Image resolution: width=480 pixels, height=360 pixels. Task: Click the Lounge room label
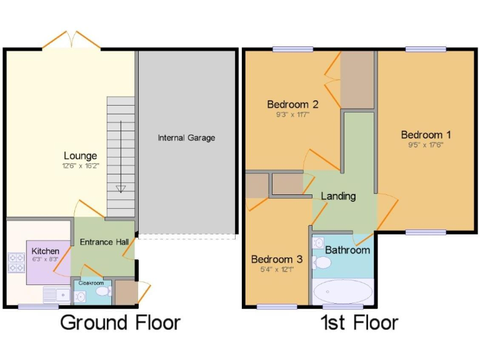point(80,156)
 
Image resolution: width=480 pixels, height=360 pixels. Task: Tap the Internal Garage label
point(186,137)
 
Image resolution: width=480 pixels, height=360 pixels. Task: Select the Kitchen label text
point(45,251)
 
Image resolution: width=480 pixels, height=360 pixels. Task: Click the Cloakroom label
point(91,282)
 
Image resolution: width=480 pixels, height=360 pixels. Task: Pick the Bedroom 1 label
point(426,134)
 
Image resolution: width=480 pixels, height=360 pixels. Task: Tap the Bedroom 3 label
point(277,259)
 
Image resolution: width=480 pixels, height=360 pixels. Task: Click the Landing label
point(338,196)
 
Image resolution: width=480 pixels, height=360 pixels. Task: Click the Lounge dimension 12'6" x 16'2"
point(80,166)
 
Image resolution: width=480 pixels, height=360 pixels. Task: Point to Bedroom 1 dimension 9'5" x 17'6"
point(426,145)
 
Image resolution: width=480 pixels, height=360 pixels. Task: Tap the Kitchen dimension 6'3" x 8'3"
point(45,259)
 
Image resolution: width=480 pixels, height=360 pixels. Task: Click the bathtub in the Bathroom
point(342,291)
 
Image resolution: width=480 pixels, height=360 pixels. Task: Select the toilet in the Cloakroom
point(102,292)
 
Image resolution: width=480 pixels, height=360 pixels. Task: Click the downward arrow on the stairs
point(121,187)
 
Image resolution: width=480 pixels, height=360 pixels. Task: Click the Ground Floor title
point(120,322)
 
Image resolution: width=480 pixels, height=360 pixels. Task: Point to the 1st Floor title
point(359,322)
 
